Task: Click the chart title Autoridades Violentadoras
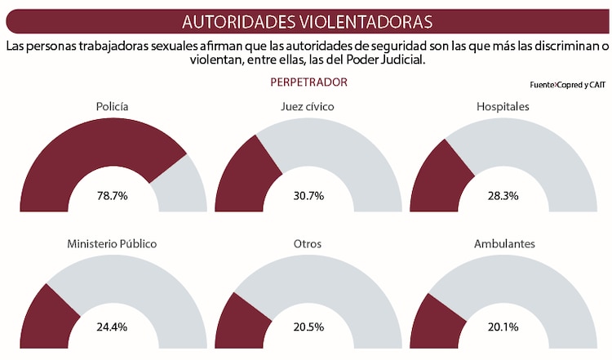[x=307, y=20]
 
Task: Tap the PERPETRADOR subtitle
[x=308, y=82]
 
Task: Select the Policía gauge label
[x=113, y=106]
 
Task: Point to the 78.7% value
[x=113, y=196]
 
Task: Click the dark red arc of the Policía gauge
[x=82, y=155]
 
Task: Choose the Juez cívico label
[x=307, y=106]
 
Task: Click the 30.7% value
[x=308, y=196]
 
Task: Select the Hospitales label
[x=503, y=106]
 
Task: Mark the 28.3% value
[x=503, y=196]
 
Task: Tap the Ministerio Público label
[x=112, y=243]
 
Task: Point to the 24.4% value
[x=113, y=327]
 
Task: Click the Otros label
[x=307, y=243]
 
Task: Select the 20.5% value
[x=308, y=327]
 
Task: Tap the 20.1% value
[x=503, y=327]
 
